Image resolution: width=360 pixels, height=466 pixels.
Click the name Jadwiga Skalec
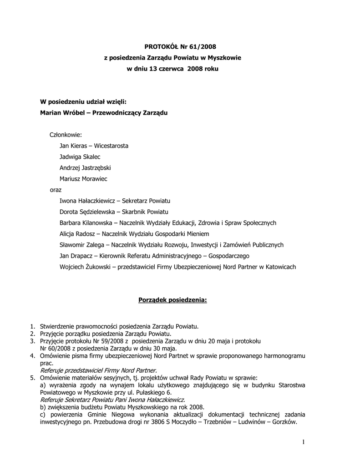tap(80, 157)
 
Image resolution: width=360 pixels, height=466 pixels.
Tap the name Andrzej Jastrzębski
tap(85, 168)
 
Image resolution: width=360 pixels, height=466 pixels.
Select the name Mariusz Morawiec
tap(83, 179)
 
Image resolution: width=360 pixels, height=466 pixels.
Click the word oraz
tap(55, 190)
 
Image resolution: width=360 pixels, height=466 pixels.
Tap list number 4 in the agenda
tap(32, 355)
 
